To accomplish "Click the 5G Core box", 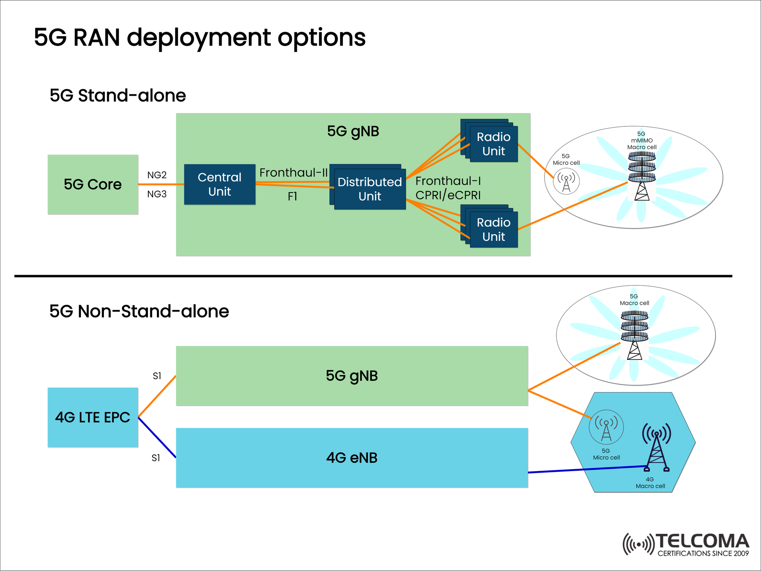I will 93,184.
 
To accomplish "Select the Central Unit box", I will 220,184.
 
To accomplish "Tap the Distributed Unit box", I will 369,189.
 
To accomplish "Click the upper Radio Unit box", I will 493,144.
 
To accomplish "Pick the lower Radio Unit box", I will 493,229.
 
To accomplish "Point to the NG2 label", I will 157,175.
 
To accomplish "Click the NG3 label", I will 157,194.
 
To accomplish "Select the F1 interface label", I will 293,197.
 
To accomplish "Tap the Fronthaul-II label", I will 293,173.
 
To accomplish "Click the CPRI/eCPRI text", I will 448,195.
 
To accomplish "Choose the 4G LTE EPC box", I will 93,417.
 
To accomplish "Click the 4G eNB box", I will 352,458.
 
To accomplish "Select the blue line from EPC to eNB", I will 157,438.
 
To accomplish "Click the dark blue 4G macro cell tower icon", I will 656,448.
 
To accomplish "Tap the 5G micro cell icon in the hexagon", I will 606,428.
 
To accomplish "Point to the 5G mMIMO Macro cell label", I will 642,141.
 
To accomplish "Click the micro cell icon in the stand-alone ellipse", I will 566,181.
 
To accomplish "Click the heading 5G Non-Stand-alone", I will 139,311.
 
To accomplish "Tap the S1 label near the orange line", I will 157,376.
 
